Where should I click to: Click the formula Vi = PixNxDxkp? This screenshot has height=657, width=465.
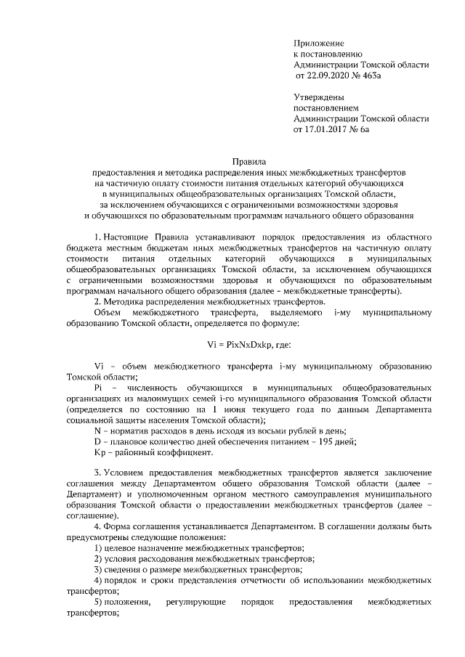click(x=248, y=345)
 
